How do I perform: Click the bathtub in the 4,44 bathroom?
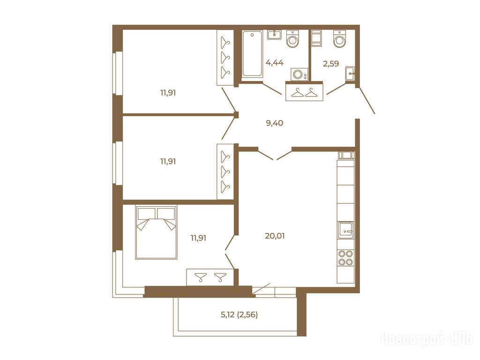tap(252, 53)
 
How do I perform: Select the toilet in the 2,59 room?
tap(339, 38)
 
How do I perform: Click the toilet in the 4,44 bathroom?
tap(292, 38)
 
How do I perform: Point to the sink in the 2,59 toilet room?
tap(350, 74)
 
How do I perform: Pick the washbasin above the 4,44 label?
tap(274, 35)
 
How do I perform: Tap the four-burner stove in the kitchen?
tap(345, 258)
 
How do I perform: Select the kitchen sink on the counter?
tap(345, 230)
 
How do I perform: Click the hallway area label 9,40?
tap(274, 123)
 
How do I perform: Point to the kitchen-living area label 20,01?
tap(275, 236)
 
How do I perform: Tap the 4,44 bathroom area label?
tap(275, 63)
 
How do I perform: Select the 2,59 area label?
tap(331, 64)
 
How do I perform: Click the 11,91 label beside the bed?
tap(198, 238)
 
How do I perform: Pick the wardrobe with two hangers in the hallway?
tap(304, 91)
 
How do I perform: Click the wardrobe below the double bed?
tap(210, 277)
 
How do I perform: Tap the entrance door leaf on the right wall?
tap(367, 101)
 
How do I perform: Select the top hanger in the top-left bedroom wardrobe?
tap(225, 42)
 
